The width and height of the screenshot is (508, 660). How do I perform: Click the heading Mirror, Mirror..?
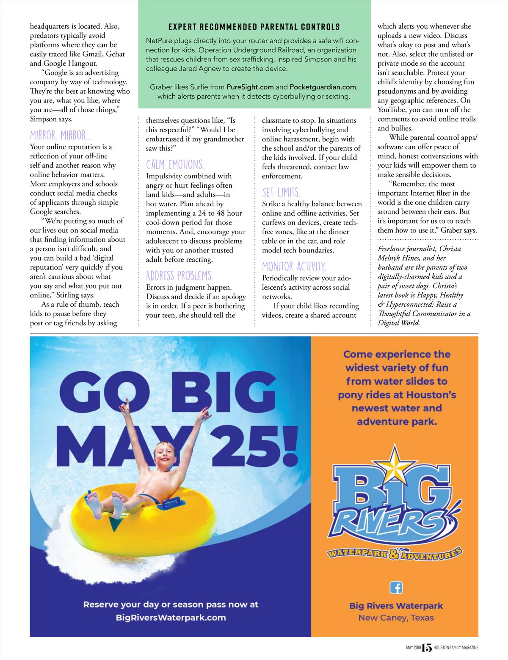click(x=61, y=136)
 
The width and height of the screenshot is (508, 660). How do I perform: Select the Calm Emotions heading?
click(x=175, y=165)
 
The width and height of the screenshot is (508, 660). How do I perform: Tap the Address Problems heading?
click(x=179, y=276)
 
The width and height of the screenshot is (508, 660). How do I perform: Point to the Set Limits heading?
click(x=281, y=193)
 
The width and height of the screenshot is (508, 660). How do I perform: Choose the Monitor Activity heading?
click(x=294, y=267)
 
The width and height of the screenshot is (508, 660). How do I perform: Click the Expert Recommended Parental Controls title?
click(x=254, y=27)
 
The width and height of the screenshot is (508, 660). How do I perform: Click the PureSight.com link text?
click(x=250, y=87)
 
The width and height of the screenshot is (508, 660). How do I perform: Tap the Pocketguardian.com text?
click(x=323, y=87)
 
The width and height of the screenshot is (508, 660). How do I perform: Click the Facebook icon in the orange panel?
click(x=396, y=588)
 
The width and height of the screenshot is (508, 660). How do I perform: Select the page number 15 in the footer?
click(x=427, y=648)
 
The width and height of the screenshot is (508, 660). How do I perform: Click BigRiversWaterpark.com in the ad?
click(x=171, y=618)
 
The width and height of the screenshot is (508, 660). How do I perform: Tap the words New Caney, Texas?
click(x=396, y=618)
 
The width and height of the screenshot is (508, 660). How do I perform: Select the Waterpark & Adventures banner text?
click(x=395, y=553)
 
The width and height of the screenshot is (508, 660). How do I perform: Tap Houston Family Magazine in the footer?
click(x=456, y=648)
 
